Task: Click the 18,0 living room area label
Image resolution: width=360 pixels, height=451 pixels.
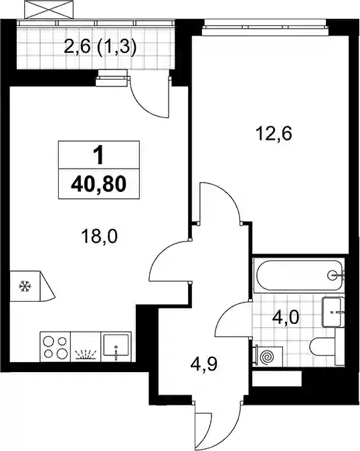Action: (99, 237)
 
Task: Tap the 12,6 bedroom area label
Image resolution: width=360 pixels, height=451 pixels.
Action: (274, 133)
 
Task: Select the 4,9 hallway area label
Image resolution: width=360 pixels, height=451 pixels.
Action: (203, 365)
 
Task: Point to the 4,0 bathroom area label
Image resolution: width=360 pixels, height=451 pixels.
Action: (286, 318)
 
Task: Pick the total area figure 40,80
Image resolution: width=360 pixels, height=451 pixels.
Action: (98, 184)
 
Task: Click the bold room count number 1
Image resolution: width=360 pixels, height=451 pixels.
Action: (98, 155)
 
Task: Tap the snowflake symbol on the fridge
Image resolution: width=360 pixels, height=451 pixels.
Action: (25, 286)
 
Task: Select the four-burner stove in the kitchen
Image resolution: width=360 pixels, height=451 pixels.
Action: (56, 347)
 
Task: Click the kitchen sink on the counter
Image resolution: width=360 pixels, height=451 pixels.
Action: (116, 347)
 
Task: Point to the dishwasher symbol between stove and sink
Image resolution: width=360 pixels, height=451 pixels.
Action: (86, 354)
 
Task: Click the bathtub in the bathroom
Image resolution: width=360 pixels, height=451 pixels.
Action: (300, 275)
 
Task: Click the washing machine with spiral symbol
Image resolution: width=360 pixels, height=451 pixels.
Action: (267, 357)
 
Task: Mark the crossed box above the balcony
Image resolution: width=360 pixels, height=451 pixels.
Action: (50, 9)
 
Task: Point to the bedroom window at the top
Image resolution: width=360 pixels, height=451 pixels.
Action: (265, 27)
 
